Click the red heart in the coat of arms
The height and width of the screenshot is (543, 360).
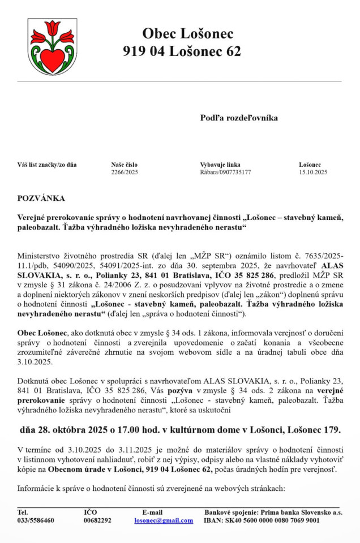pyautogui.click(x=53, y=61)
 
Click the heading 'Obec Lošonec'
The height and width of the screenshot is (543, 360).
pyautogui.click(x=187, y=34)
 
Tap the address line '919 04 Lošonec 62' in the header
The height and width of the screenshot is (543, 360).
pyautogui.click(x=182, y=51)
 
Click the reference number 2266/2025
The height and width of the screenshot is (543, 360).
pyautogui.click(x=125, y=172)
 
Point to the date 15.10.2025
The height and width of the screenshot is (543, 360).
pyautogui.click(x=313, y=172)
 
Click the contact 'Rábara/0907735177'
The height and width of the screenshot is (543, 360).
pyautogui.click(x=225, y=172)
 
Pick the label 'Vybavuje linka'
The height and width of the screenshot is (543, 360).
pyautogui.click(x=220, y=165)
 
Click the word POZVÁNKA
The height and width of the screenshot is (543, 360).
pyautogui.click(x=41, y=198)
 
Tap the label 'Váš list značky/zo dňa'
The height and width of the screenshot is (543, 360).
pyautogui.click(x=47, y=165)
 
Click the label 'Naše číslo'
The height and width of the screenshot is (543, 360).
pyautogui.click(x=125, y=165)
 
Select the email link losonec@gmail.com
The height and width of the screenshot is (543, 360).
pyautogui.click(x=164, y=520)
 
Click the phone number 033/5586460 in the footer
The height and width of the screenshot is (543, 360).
pyautogui.click(x=36, y=520)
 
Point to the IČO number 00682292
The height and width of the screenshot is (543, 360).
pyautogui.click(x=97, y=520)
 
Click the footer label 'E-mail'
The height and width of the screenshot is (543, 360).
pyautogui.click(x=152, y=512)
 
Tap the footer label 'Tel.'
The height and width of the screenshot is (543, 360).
pyautogui.click(x=23, y=512)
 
